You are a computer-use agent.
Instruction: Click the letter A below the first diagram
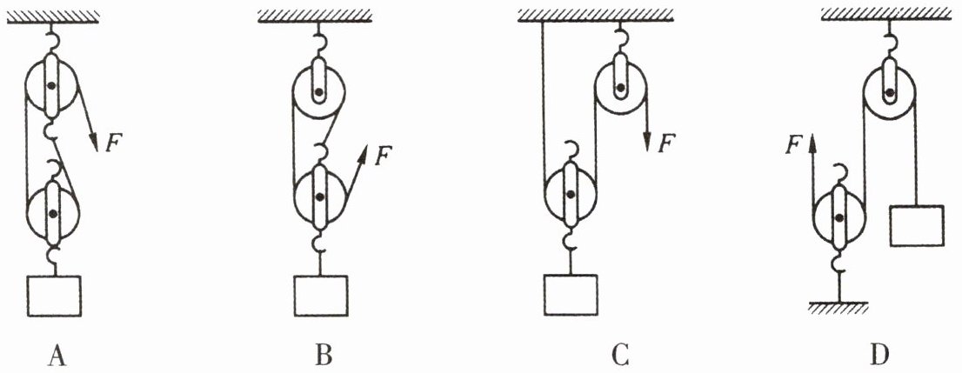tap(57, 355)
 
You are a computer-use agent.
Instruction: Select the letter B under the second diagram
tap(324, 355)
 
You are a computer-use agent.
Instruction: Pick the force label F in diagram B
tap(382, 156)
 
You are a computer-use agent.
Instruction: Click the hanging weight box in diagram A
tap(54, 296)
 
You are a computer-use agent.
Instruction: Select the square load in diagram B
tap(321, 296)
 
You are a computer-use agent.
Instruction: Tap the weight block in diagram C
tap(571, 296)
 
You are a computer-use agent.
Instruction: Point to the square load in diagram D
tap(917, 226)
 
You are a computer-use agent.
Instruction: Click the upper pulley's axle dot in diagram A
tap(51, 85)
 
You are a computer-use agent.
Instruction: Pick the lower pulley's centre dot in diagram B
tap(319, 196)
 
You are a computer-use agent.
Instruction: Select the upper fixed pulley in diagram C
tap(620, 89)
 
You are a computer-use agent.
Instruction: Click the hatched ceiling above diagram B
tap(315, 16)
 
